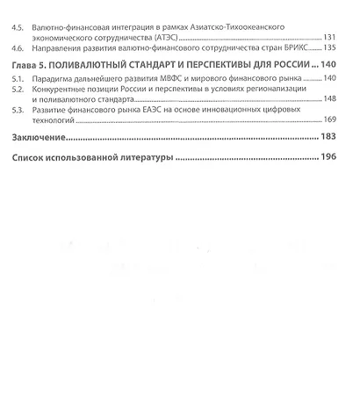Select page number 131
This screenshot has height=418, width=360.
click(x=330, y=39)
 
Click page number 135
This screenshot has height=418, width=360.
click(x=330, y=47)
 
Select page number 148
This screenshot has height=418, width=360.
click(x=330, y=99)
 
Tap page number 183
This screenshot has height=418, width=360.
click(x=328, y=138)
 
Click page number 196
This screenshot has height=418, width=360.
click(x=328, y=159)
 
